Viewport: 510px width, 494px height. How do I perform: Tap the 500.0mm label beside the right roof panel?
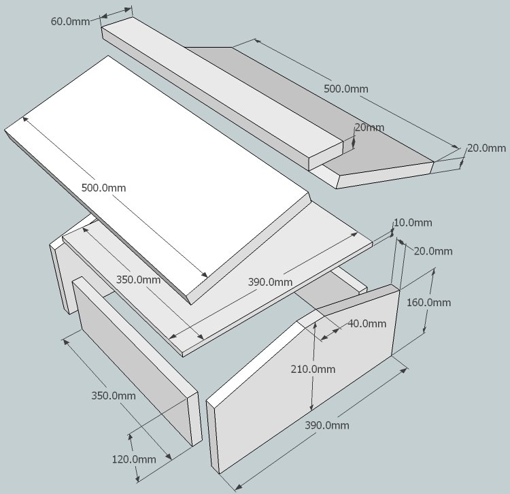(x=345, y=89)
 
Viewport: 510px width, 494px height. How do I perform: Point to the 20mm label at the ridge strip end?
(x=369, y=127)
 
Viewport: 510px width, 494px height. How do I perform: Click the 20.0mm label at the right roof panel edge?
(x=486, y=148)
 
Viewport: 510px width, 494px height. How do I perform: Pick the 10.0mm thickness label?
(x=413, y=223)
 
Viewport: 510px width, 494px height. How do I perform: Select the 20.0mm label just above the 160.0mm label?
(x=433, y=251)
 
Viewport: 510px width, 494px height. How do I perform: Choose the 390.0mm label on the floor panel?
(x=270, y=282)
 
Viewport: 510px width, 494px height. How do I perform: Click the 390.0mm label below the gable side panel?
(x=327, y=425)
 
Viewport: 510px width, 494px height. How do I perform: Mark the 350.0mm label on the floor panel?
(x=138, y=280)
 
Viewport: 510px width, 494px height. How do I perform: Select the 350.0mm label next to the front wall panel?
(x=114, y=395)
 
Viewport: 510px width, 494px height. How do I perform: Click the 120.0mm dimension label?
(x=134, y=459)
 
